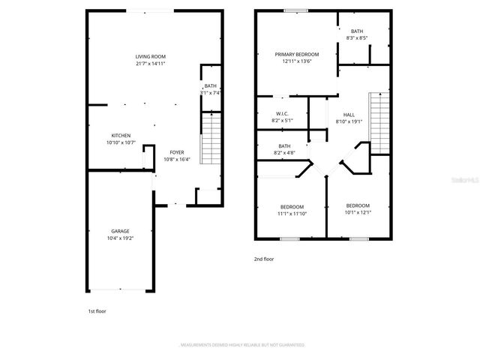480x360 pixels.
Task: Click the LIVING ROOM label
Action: coord(150,56)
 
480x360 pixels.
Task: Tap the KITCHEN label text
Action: coord(121,136)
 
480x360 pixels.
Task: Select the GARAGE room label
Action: coord(120,231)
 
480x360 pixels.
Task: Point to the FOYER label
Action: coord(177,151)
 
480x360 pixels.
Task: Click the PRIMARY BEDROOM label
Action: coord(296,54)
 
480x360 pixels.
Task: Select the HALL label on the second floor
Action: coord(349,114)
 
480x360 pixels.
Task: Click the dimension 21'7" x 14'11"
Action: coord(150,64)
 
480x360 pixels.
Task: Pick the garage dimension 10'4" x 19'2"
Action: coord(120,238)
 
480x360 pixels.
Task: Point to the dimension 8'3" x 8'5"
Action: coord(356,37)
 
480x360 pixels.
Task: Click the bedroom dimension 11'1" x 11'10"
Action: coord(292,214)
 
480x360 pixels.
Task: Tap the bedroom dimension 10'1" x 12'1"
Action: coord(358,212)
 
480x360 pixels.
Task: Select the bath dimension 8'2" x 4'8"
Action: coord(285,153)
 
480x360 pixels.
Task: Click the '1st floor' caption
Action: coord(97,310)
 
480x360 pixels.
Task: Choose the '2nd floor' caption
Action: coord(263,259)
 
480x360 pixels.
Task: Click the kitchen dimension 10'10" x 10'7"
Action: coord(121,142)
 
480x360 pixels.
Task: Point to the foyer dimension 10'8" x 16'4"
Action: coord(177,159)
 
